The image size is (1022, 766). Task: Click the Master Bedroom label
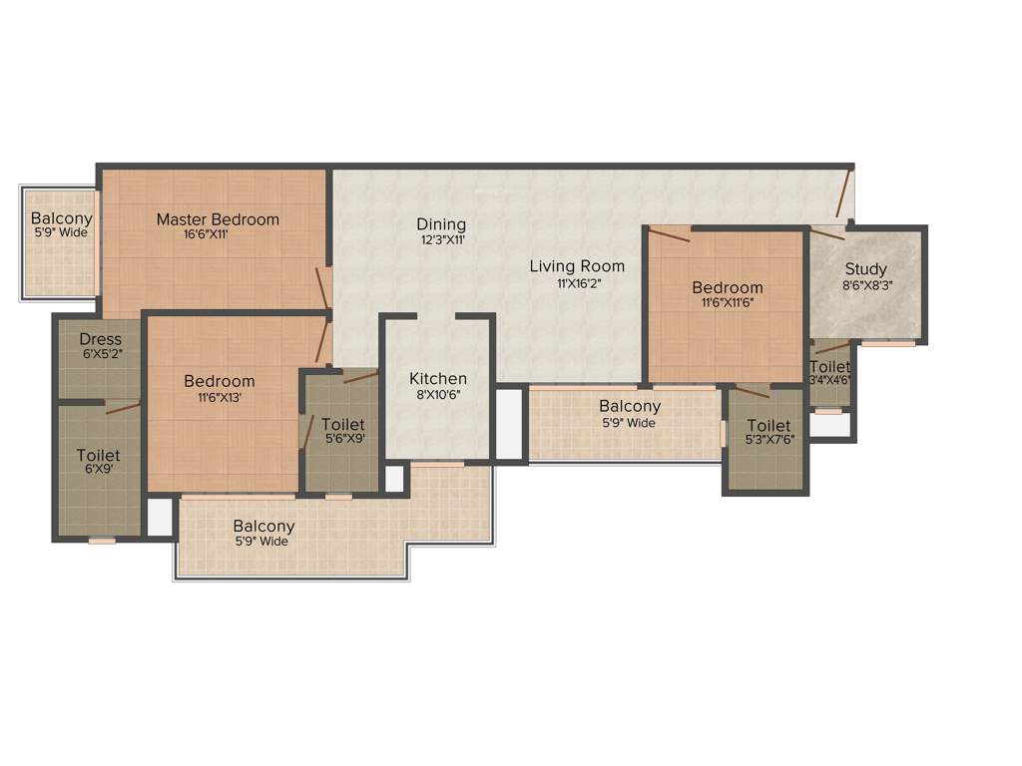point(218,219)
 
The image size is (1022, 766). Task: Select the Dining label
point(441,224)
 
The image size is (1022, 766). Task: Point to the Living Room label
point(577,265)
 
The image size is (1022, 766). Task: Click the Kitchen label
point(438,379)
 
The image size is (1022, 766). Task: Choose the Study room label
point(865,269)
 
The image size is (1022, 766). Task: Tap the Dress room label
point(100,340)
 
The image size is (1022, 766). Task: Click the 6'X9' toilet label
point(99,456)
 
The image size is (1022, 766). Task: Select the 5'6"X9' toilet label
point(342,425)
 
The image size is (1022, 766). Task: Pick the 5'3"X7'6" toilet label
point(769,426)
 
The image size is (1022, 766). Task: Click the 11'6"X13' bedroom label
point(219,381)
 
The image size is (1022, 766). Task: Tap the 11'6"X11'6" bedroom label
point(728,288)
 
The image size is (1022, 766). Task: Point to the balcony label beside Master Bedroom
point(61,218)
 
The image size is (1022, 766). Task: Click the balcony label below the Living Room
point(630,406)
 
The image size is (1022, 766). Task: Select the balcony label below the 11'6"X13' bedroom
point(263,527)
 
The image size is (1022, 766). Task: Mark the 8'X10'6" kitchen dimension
point(438,395)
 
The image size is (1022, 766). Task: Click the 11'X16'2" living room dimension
point(577,283)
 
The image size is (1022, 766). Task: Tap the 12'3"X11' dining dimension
point(441,240)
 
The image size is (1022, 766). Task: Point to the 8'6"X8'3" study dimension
point(865,285)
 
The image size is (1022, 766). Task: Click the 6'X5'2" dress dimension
point(100,354)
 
